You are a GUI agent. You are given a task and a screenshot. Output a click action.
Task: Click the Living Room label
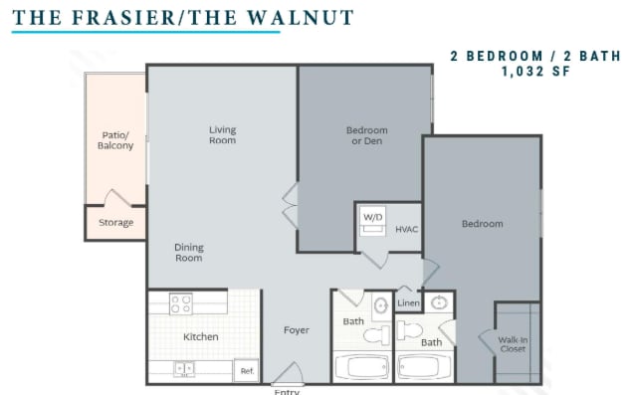pyautogui.click(x=222, y=134)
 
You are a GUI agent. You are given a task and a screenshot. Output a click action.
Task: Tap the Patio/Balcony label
pyautogui.click(x=115, y=140)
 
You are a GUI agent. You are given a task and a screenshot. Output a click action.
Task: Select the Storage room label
pyautogui.click(x=115, y=223)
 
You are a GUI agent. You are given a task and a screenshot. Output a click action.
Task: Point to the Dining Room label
pyautogui.click(x=188, y=253)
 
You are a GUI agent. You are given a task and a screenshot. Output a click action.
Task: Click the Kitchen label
pyautogui.click(x=200, y=336)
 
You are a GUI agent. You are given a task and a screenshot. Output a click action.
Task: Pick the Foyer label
pyautogui.click(x=296, y=330)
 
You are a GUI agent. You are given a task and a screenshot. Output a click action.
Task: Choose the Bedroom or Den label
pyautogui.click(x=366, y=135)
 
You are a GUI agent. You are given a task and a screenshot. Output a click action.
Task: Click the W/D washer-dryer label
pyautogui.click(x=372, y=216)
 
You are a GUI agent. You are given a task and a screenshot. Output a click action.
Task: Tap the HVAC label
pyautogui.click(x=406, y=230)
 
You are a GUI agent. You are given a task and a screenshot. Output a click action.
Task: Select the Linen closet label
pyautogui.click(x=408, y=302)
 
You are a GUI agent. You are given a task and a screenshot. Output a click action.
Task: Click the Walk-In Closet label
pyautogui.click(x=514, y=344)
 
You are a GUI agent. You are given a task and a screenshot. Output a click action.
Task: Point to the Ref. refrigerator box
pyautogui.click(x=247, y=371)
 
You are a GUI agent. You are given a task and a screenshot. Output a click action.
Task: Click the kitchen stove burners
pyautogui.click(x=180, y=302)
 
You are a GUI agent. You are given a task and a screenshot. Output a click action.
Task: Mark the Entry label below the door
pyautogui.click(x=287, y=391)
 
